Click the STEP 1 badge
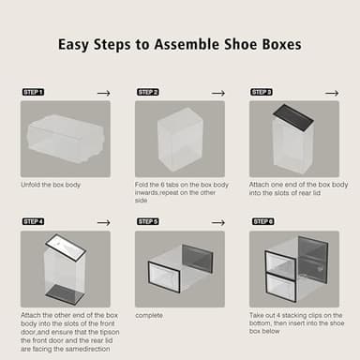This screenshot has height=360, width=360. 33,92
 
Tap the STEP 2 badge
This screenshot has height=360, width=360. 148,92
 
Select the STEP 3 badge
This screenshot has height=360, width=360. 262,92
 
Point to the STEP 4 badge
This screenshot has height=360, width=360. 33,221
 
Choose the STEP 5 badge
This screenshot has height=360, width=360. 148,221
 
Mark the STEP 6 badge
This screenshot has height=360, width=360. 262,221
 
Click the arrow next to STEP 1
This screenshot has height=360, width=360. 103,93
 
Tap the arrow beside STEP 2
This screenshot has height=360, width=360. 217,93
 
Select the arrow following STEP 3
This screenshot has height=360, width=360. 333,93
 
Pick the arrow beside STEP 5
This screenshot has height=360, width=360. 217,221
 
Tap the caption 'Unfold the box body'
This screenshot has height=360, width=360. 51,185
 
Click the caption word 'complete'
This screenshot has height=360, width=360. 150,315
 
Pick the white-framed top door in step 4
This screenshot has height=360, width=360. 67,247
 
